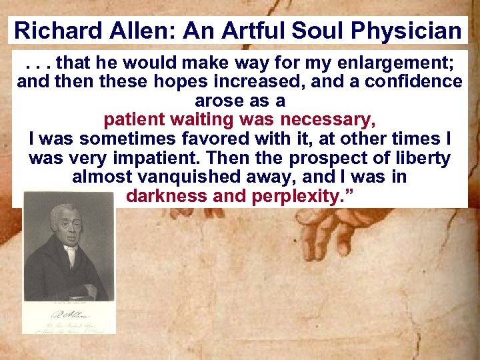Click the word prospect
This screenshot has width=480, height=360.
[335, 159]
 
